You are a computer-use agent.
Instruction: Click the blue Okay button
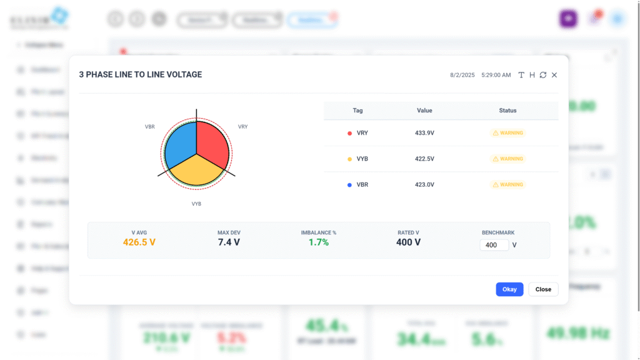[509, 289]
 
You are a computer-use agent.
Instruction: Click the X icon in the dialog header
[554, 75]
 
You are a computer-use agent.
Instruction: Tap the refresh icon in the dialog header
[543, 75]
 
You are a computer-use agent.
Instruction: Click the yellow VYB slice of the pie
[196, 170]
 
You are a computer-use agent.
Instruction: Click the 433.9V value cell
[424, 133]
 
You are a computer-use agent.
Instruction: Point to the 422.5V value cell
[424, 159]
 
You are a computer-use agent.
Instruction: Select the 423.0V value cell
[424, 185]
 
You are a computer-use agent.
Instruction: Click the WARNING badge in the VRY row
[508, 133]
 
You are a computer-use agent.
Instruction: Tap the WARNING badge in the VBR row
[508, 185]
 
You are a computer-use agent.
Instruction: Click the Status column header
[507, 111]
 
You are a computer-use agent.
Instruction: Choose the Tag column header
[357, 111]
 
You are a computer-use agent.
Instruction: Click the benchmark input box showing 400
[495, 245]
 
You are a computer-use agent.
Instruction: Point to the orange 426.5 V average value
[139, 242]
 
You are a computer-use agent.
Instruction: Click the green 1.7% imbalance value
[319, 242]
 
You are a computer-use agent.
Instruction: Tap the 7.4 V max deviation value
[229, 242]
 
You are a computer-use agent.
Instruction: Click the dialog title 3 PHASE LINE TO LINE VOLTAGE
[140, 74]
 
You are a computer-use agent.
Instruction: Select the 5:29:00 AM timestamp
[496, 75]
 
